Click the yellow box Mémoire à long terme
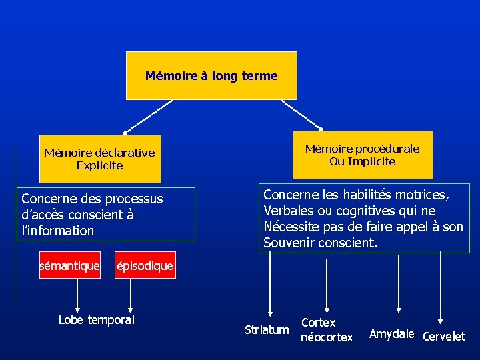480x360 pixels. (x=211, y=76)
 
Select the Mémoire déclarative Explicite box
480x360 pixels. (x=100, y=159)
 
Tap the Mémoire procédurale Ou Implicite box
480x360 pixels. (x=362, y=155)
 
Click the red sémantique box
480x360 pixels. (x=69, y=266)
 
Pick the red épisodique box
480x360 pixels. (x=145, y=266)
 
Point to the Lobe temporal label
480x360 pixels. (x=97, y=319)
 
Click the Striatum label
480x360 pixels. (x=267, y=330)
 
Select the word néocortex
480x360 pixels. (x=327, y=337)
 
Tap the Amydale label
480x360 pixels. (x=392, y=333)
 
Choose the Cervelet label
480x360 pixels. (x=444, y=337)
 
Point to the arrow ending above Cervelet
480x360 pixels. (x=441, y=287)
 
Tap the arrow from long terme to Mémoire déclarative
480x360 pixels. (x=147, y=117)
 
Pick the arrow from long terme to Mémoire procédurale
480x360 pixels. (x=302, y=115)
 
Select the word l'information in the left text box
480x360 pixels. (x=58, y=231)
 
